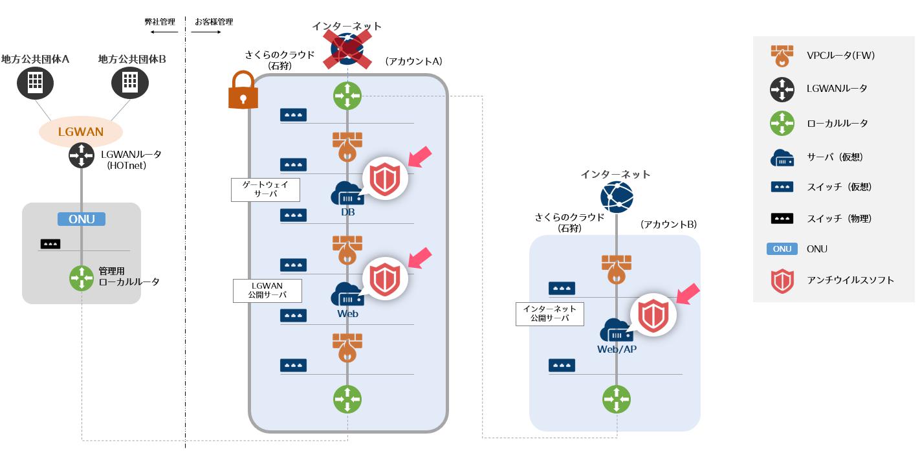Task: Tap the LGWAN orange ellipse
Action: point(81,132)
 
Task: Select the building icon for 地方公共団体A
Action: point(35,82)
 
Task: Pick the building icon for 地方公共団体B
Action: point(130,82)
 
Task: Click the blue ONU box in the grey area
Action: point(82,219)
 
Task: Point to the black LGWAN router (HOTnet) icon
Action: point(82,155)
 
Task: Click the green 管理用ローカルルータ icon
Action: point(82,278)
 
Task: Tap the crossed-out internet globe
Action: point(347,49)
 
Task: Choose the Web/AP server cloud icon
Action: point(617,331)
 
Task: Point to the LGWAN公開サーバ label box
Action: point(268,290)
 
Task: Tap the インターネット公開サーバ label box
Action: point(550,313)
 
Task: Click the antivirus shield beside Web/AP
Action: point(653,315)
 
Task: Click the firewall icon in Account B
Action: point(617,268)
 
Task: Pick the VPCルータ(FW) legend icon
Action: point(782,56)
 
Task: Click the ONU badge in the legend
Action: point(782,249)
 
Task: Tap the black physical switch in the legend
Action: point(782,219)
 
